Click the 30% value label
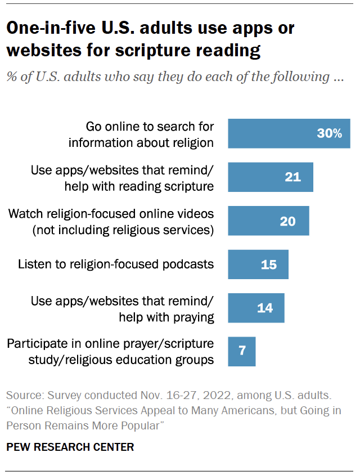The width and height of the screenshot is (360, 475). click(329, 133)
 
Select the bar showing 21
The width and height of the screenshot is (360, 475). click(270, 177)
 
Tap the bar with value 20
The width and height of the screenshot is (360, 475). click(268, 221)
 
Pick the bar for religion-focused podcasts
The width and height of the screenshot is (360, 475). click(258, 264)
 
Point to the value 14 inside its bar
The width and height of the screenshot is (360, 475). click(265, 308)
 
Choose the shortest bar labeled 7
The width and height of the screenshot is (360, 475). click(241, 351)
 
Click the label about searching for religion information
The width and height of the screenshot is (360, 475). click(141, 134)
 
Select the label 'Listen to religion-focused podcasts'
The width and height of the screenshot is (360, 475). click(116, 264)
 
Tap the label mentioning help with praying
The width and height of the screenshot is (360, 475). click(123, 308)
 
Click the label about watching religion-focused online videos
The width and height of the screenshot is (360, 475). click(111, 221)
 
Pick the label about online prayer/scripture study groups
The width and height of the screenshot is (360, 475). click(110, 352)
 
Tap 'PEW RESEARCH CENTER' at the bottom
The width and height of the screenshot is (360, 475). click(70, 447)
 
